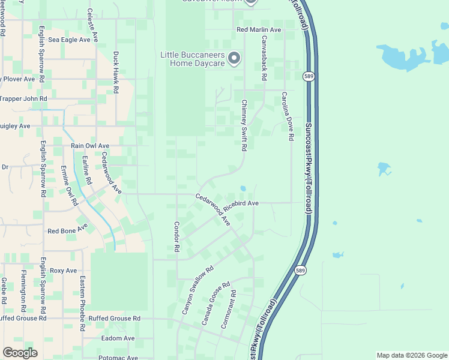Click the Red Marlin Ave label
pyautogui.click(x=259, y=29)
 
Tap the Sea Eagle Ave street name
pyautogui.click(x=69, y=40)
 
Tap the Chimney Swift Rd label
pyautogui.click(x=244, y=125)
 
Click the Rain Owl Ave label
pyautogui.click(x=90, y=146)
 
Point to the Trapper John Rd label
pyautogui.click(x=23, y=98)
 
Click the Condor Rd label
pyautogui.click(x=176, y=236)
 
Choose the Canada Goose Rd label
pyautogui.click(x=216, y=304)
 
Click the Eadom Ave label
pyautogui.click(x=118, y=338)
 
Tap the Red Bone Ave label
pyautogui.click(x=67, y=230)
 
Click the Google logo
pyautogui.click(x=20, y=353)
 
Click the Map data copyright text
pyautogui.click(x=411, y=355)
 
